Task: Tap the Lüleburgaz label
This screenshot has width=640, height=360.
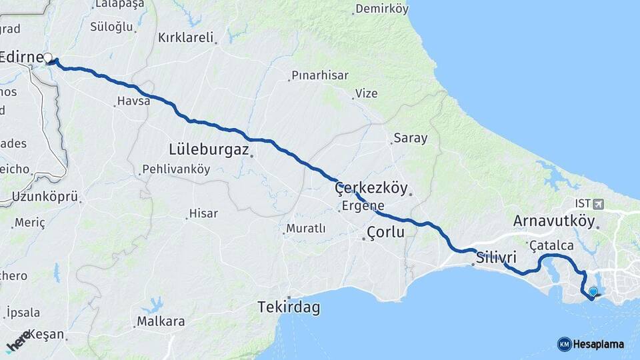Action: tap(209, 148)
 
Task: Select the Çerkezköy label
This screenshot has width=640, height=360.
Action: tap(371, 188)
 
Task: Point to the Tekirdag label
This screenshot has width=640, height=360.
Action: tap(289, 308)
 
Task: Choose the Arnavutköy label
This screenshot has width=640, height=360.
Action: tap(554, 220)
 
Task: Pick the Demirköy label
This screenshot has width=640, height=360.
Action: tap(381, 9)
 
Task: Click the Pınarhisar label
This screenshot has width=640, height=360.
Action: tap(319, 75)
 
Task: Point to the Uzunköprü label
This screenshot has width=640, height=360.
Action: tap(45, 197)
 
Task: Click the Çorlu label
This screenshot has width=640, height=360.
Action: tap(385, 232)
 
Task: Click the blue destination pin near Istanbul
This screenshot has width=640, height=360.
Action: tap(593, 291)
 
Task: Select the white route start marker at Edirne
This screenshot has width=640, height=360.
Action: tap(47, 57)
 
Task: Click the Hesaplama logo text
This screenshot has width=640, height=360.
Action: tap(598, 344)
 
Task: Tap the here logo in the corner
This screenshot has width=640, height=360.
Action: tap(18, 341)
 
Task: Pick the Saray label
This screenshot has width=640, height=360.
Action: tap(411, 138)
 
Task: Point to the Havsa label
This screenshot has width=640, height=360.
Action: tap(129, 101)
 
